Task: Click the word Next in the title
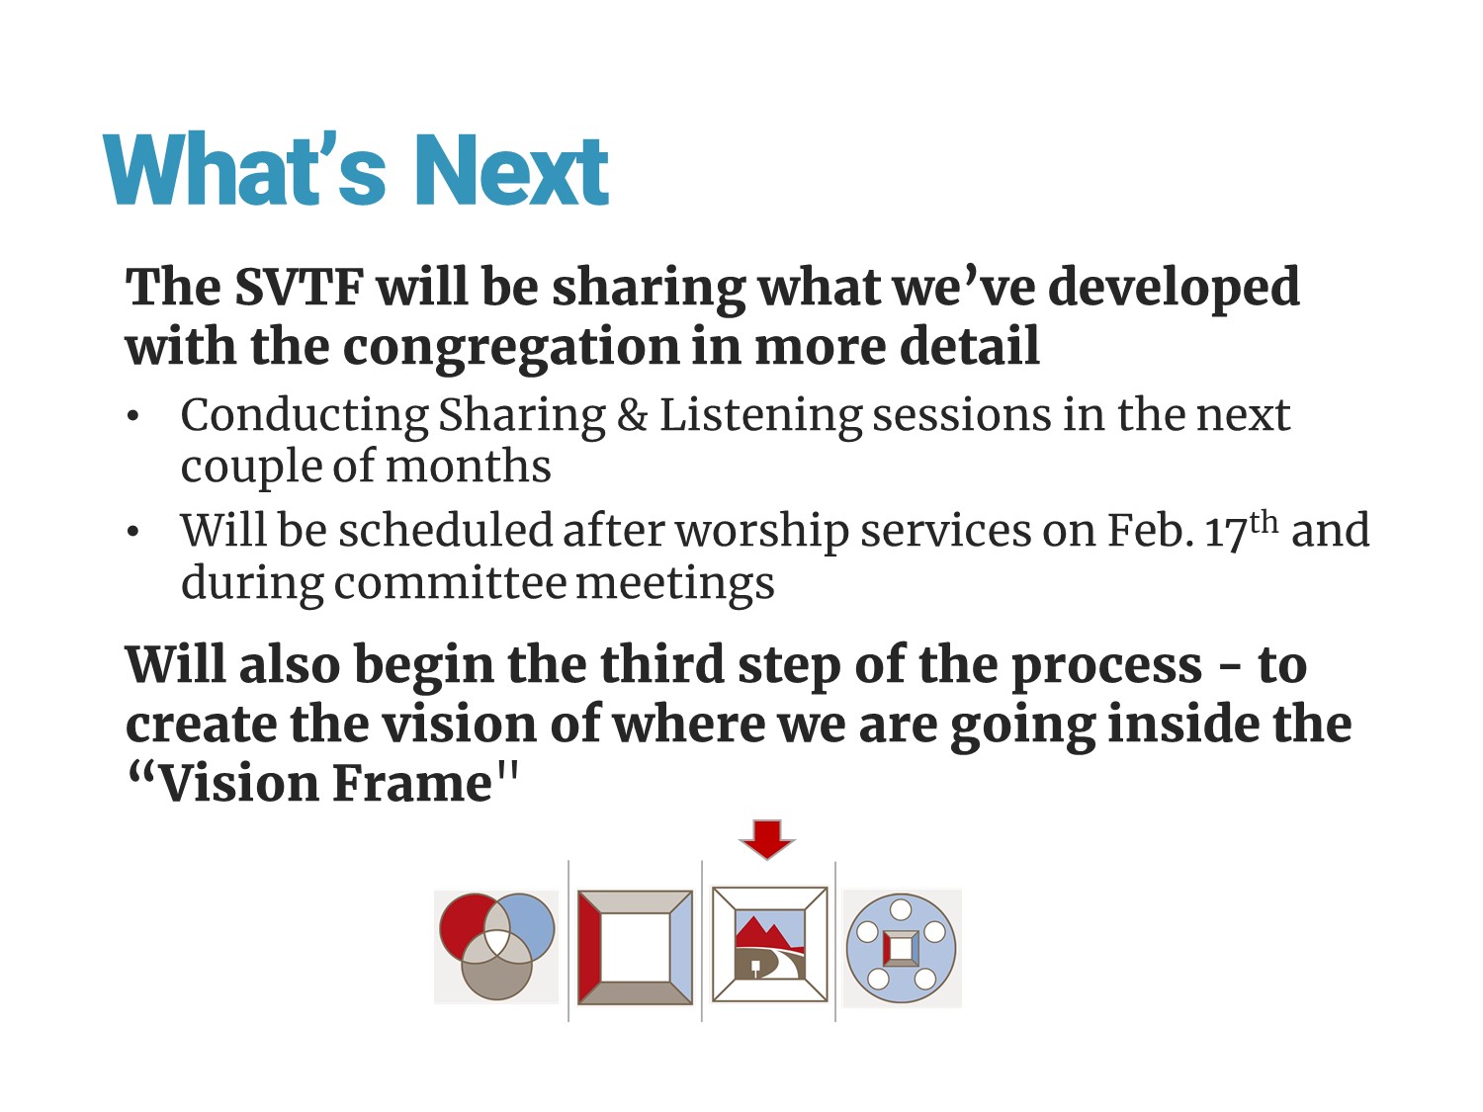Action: [x=512, y=169]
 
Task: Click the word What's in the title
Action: [x=244, y=168]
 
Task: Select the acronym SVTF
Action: [x=299, y=287]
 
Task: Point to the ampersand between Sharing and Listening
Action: [x=632, y=415]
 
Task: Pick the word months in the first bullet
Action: [x=468, y=466]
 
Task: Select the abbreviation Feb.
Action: [x=1150, y=530]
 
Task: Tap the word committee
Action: [x=450, y=583]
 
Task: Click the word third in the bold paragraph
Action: [x=662, y=664]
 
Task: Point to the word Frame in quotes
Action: [x=411, y=784]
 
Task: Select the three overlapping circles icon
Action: [x=496, y=947]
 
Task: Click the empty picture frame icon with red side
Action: [x=635, y=947]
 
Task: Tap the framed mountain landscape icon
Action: [x=769, y=944]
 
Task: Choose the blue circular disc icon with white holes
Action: [x=901, y=948]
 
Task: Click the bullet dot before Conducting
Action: [x=132, y=416]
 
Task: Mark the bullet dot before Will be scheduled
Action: [x=132, y=532]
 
